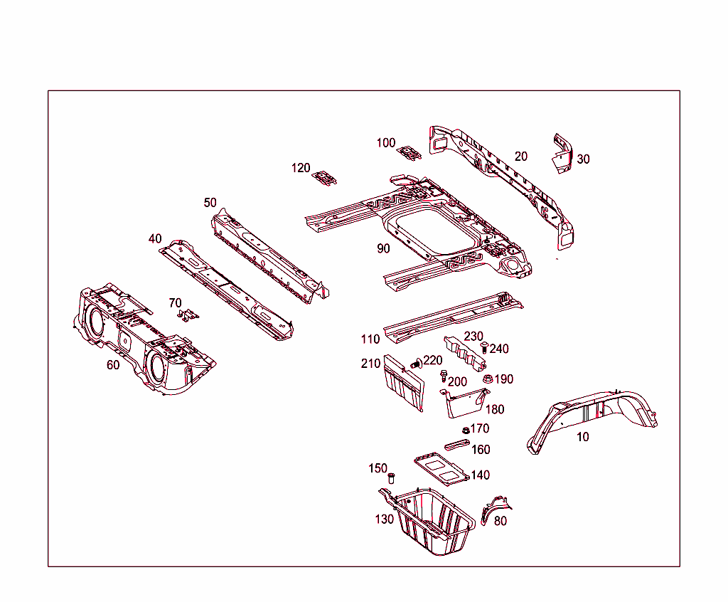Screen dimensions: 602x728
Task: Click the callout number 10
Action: click(582, 437)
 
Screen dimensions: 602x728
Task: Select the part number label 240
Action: click(499, 349)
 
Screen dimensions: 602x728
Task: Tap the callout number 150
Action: click(378, 468)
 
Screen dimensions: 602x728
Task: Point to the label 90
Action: click(383, 248)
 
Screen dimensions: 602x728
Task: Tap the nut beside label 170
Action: click(464, 429)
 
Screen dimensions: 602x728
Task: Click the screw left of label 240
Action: click(483, 347)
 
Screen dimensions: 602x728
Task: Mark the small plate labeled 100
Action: click(409, 152)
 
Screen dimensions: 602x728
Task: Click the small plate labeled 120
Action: click(326, 177)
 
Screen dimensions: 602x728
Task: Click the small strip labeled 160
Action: click(457, 445)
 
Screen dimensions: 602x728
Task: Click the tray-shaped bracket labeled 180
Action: click(464, 403)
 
